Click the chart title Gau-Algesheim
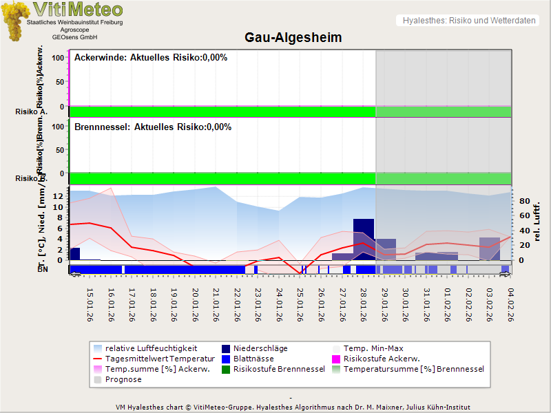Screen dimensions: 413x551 293,37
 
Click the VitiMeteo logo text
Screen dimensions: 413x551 78,10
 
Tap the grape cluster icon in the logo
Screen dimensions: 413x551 15,21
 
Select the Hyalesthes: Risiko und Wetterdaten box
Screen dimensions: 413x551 468,21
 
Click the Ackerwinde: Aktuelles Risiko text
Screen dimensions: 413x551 151,58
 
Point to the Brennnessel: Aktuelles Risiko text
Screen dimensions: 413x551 153,127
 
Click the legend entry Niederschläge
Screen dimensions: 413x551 260,348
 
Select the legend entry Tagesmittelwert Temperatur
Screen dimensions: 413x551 154,359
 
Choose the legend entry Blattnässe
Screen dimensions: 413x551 253,359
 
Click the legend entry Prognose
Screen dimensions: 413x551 123,379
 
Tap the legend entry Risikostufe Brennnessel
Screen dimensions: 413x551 279,369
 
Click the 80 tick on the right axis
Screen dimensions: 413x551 524,202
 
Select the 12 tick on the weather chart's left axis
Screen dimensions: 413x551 59,196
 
